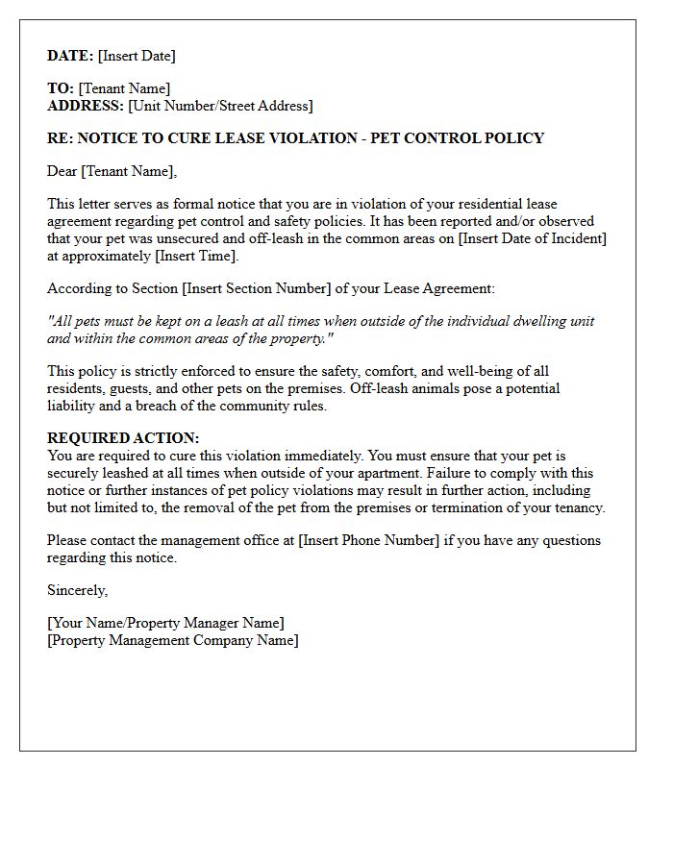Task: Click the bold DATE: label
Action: [x=70, y=56]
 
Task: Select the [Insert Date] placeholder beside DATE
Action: [x=137, y=56]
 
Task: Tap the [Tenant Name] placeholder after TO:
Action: [x=124, y=88]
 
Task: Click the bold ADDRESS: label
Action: [x=86, y=106]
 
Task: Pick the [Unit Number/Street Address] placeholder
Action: [x=220, y=106]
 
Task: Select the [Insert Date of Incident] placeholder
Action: [x=534, y=238]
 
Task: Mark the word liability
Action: [x=75, y=406]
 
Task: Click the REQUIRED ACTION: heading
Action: [x=123, y=438]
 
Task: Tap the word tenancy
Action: [x=577, y=507]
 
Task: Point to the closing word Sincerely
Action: [x=77, y=590]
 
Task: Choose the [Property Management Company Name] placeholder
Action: [x=173, y=640]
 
